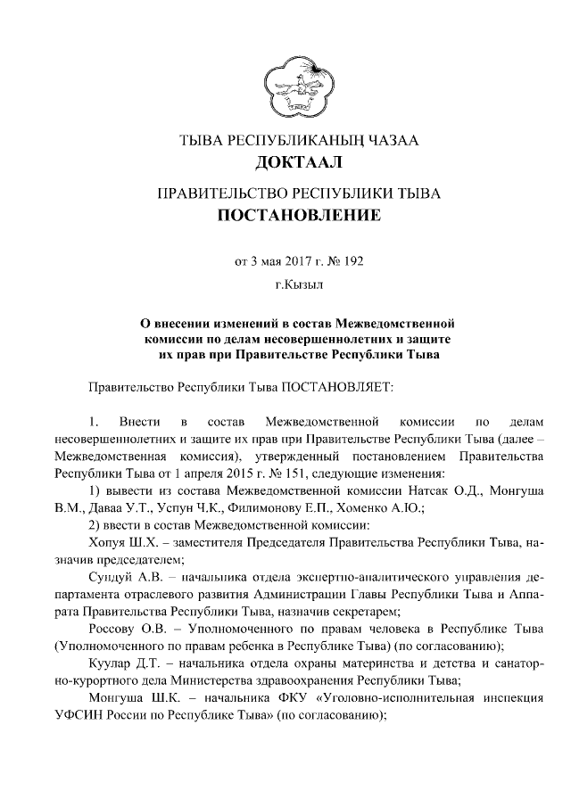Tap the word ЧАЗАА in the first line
(x=391, y=141)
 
